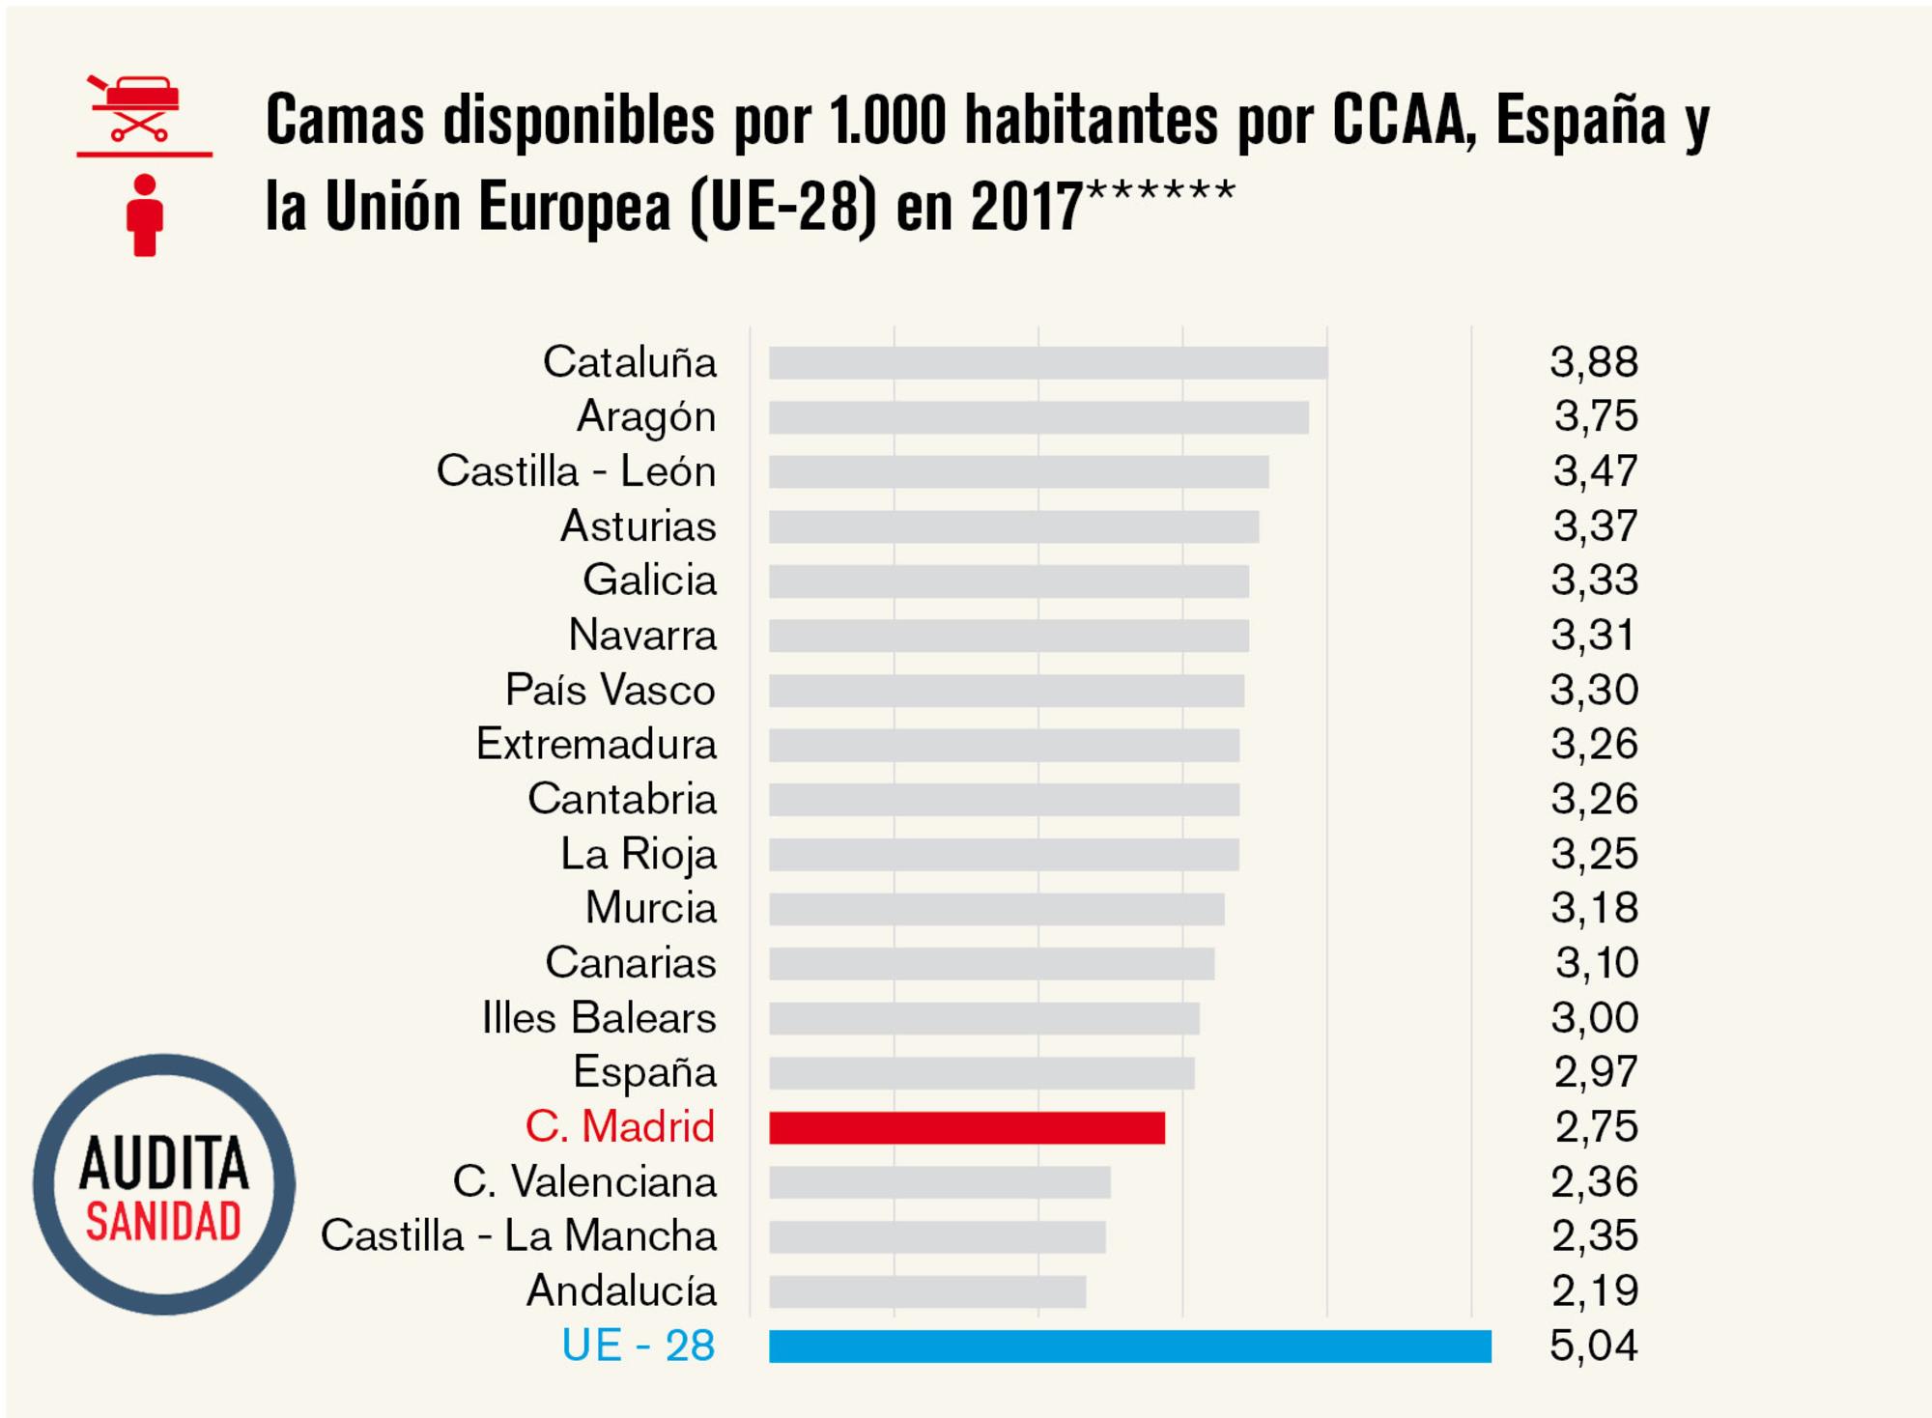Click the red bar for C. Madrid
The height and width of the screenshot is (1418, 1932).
click(x=966, y=1127)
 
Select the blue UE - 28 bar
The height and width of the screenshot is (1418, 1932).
click(x=1129, y=1346)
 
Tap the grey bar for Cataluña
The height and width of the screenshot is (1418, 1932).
click(x=1048, y=362)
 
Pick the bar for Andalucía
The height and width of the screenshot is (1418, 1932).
click(x=927, y=1291)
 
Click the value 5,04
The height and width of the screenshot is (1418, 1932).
click(x=1593, y=1346)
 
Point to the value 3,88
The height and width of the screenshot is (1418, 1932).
click(x=1594, y=362)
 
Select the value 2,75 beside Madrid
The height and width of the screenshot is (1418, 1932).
click(x=1596, y=1126)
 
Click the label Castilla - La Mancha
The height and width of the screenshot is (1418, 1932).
click(x=519, y=1236)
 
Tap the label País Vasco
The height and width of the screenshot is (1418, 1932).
click(x=610, y=690)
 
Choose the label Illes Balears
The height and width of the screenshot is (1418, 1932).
click(x=599, y=1017)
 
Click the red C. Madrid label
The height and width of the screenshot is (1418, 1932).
click(x=619, y=1126)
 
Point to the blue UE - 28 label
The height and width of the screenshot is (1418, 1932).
click(x=638, y=1346)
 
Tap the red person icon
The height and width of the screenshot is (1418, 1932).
click(x=145, y=215)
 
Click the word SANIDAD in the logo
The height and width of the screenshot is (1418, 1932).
click(x=163, y=1223)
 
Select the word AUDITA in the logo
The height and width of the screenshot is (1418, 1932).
click(x=163, y=1163)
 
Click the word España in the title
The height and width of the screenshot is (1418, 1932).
click(x=1581, y=121)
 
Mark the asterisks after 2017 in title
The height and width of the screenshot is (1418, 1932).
click(x=1160, y=189)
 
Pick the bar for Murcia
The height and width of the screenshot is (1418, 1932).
click(x=996, y=909)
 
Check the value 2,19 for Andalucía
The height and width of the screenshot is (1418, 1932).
click(x=1595, y=1290)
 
